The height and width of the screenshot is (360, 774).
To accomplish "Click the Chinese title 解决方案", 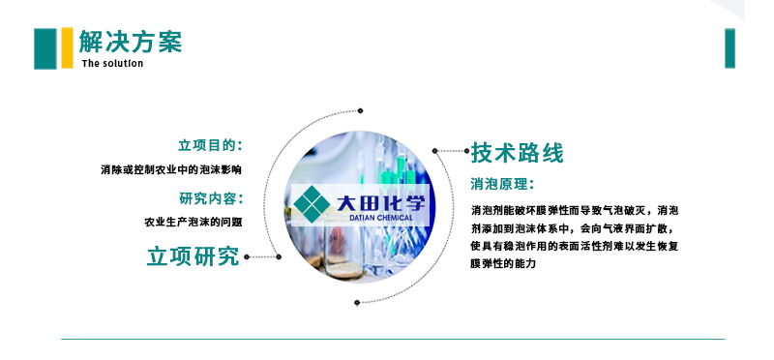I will click(x=131, y=42).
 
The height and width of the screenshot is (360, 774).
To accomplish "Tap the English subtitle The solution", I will click(x=112, y=64).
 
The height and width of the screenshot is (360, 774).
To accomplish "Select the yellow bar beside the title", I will click(x=67, y=48).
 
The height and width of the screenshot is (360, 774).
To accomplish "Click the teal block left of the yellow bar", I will click(x=45, y=48).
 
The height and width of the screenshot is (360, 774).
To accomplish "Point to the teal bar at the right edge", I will click(x=729, y=48).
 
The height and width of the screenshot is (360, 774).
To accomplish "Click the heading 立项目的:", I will click(x=210, y=145).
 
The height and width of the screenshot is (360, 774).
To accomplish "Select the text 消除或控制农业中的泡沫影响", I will click(x=171, y=169).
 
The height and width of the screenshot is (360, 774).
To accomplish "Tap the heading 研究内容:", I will click(x=210, y=198).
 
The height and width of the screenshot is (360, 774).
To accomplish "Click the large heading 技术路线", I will click(x=517, y=153).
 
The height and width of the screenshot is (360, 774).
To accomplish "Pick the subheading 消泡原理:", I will click(x=502, y=184).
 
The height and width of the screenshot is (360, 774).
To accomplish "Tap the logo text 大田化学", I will click(x=380, y=202).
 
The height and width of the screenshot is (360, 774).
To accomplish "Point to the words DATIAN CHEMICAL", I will click(x=379, y=218).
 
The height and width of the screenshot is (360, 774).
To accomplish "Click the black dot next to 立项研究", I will click(x=247, y=257).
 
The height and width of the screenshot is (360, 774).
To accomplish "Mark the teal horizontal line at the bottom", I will click(x=393, y=340).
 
